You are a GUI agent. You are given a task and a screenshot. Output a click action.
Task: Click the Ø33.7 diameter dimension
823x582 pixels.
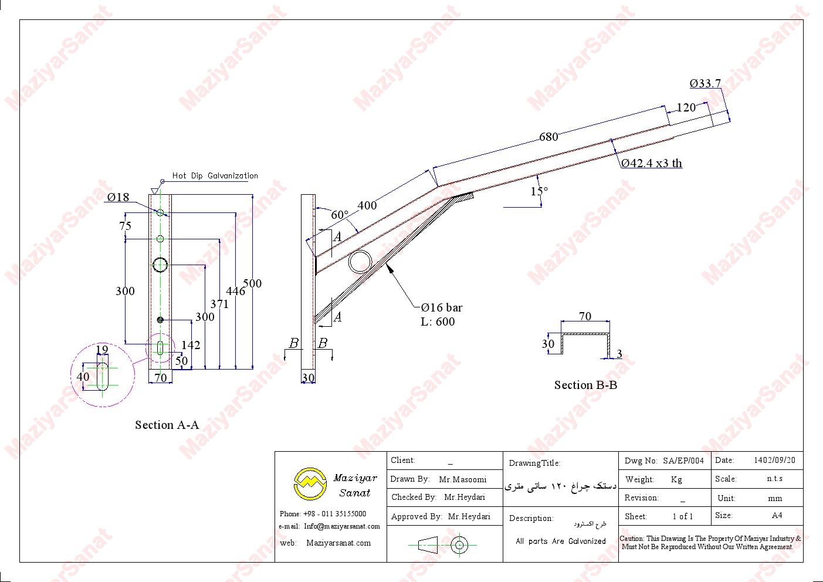[705, 83]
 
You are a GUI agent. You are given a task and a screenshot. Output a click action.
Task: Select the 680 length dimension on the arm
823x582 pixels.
[548, 137]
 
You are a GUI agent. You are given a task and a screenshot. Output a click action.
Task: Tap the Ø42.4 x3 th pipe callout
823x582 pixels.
[652, 163]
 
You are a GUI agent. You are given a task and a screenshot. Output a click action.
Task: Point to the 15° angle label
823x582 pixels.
[539, 191]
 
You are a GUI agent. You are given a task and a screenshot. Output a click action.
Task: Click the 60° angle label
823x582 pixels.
[340, 215]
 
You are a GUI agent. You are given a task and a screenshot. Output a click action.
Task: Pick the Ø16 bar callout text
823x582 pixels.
[442, 307]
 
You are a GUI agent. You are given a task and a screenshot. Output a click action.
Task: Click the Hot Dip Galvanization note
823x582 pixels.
[215, 175]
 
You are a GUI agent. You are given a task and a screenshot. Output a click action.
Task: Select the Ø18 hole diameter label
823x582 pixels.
[118, 197]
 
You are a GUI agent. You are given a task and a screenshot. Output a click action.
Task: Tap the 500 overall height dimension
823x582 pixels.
[252, 283]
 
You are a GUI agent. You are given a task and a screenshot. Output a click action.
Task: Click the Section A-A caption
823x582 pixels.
[167, 425]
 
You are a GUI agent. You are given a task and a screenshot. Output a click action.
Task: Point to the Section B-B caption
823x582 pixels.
[585, 385]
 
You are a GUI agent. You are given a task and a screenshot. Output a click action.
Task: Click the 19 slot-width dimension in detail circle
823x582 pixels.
[102, 350]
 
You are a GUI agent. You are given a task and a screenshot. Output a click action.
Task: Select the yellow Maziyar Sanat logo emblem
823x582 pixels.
[310, 483]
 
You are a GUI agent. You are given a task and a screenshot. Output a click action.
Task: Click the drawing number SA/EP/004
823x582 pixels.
[683, 461]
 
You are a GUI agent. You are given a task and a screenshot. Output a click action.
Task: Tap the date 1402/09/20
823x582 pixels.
[774, 461]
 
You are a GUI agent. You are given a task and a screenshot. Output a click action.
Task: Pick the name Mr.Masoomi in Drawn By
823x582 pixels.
[462, 479]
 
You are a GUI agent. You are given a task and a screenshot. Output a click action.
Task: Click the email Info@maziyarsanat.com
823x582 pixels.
[342, 526]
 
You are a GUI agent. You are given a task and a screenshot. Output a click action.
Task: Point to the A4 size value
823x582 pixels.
[777, 516]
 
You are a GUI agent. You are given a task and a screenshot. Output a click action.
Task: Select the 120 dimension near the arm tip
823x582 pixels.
[686, 107]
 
